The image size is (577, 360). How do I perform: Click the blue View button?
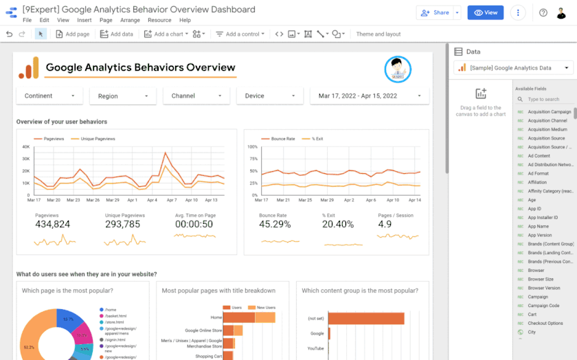point(485,12)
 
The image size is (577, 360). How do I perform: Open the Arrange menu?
point(130,21)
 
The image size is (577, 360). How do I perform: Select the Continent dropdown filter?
point(49,96)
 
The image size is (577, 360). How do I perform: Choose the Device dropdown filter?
point(269,96)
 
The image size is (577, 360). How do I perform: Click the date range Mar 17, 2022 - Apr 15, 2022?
point(370,96)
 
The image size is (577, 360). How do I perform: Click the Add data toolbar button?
point(117,34)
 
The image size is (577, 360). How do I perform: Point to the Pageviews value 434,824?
point(53,224)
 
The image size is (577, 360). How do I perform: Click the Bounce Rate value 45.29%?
point(275,224)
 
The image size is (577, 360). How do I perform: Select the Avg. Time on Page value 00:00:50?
point(194,224)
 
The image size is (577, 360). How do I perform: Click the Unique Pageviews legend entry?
point(98,139)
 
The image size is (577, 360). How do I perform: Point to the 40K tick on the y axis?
point(25,146)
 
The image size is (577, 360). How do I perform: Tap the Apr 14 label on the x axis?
point(414,200)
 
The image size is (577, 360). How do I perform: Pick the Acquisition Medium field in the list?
point(547,129)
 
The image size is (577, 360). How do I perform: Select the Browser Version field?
point(543,288)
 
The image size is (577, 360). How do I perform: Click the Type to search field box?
point(547,100)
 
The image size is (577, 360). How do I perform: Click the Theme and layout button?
point(378,34)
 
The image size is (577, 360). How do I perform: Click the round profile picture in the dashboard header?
point(398,68)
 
